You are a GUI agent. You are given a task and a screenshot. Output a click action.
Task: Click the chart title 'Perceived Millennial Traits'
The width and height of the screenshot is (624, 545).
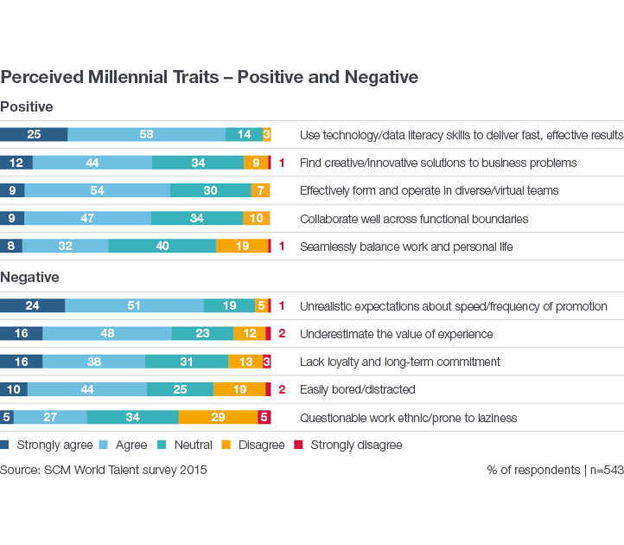coord(209,77)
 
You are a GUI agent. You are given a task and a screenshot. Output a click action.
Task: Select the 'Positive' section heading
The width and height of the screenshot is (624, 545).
coord(27,106)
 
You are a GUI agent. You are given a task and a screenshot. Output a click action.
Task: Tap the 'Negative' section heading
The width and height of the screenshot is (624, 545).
coord(29,277)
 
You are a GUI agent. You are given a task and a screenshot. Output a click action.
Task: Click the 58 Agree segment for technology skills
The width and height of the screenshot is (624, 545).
coord(146,134)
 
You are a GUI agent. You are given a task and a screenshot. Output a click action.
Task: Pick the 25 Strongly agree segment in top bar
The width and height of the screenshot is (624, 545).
coord(34,134)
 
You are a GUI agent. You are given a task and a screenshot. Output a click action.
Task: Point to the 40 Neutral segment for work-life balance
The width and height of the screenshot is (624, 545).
coord(162,246)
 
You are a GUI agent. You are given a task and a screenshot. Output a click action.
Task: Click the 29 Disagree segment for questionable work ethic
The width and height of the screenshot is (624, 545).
coord(218,417)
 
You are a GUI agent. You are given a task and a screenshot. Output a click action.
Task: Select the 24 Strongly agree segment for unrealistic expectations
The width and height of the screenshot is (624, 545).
coord(32,305)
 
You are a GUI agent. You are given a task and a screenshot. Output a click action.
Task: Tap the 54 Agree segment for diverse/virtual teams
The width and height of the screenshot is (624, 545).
coord(97,190)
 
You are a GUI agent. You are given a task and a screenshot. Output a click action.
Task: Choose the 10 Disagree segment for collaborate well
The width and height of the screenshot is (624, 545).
coord(256,218)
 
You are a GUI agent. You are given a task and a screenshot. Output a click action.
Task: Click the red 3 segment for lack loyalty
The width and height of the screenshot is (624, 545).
coord(266,362)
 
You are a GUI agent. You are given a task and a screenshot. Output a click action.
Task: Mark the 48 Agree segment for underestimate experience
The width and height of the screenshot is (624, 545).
coord(107,334)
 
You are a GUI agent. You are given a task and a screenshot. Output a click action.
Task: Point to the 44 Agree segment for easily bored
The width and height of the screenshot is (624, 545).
coord(86,389)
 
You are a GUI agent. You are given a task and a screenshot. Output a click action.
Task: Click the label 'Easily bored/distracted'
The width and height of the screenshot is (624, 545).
coord(357,389)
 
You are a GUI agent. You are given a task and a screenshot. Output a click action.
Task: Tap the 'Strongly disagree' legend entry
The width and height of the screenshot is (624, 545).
coord(355,445)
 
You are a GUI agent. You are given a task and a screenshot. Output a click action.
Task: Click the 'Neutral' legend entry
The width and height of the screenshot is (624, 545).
coord(192,445)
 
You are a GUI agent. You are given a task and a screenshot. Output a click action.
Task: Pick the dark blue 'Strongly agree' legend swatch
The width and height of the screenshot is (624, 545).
coord(5,445)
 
